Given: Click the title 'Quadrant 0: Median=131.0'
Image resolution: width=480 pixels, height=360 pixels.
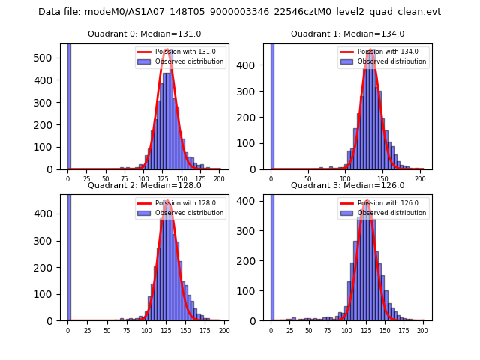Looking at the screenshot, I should tap(144, 34).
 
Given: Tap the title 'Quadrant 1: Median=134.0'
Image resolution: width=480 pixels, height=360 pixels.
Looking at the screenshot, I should tap(347, 34).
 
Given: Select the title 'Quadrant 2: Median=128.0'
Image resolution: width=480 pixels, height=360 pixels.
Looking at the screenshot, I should tap(144, 185).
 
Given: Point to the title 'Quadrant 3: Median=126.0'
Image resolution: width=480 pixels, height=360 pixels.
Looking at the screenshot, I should tap(347, 185).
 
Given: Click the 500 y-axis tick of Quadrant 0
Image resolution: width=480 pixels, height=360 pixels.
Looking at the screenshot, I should tap(47, 57).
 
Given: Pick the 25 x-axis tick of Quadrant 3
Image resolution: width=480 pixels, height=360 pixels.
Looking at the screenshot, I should tap(290, 330).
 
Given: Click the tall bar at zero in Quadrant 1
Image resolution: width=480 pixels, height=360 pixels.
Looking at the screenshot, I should tap(272, 105).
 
